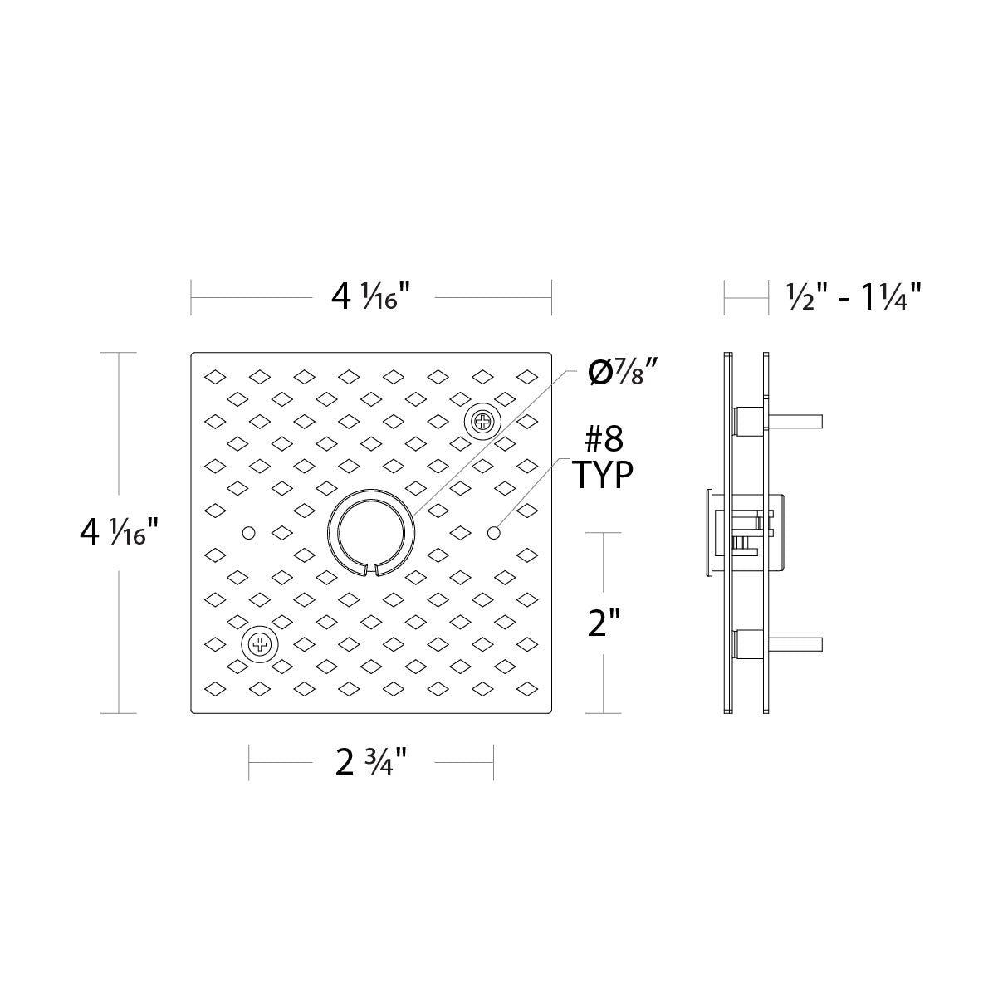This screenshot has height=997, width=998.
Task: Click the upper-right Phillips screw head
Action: pyautogui.click(x=482, y=422)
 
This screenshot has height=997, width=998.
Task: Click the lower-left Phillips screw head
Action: pyautogui.click(x=260, y=644)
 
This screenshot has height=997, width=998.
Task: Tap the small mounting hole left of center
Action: pyautogui.click(x=248, y=532)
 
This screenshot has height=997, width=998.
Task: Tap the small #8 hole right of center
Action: pyautogui.click(x=493, y=532)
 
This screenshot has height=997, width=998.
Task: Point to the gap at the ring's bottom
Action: pyautogui.click(x=371, y=570)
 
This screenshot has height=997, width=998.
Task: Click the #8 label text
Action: pyautogui.click(x=604, y=440)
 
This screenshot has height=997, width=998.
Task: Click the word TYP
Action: pyautogui.click(x=603, y=475)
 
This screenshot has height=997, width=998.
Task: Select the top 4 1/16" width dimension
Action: pyautogui.click(x=370, y=297)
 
